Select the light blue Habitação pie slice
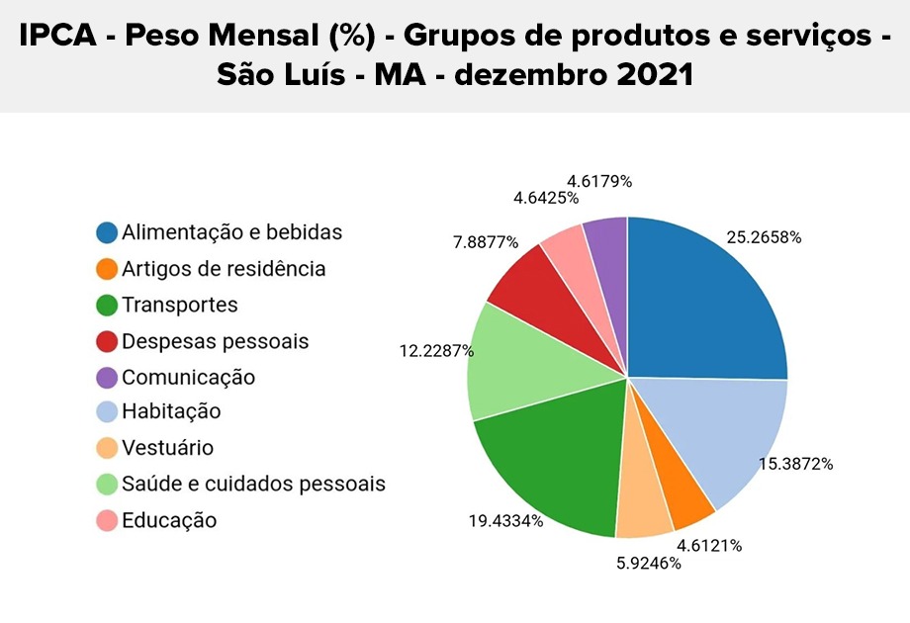[x=722, y=435]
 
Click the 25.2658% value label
[x=764, y=238]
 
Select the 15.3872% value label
[x=795, y=464]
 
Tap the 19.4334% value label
[x=505, y=520]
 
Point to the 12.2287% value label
[x=436, y=351]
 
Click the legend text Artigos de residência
[x=224, y=269]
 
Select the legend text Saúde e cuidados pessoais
[x=253, y=484]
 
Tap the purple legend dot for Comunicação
[x=107, y=378]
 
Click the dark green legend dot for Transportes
[x=107, y=306]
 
